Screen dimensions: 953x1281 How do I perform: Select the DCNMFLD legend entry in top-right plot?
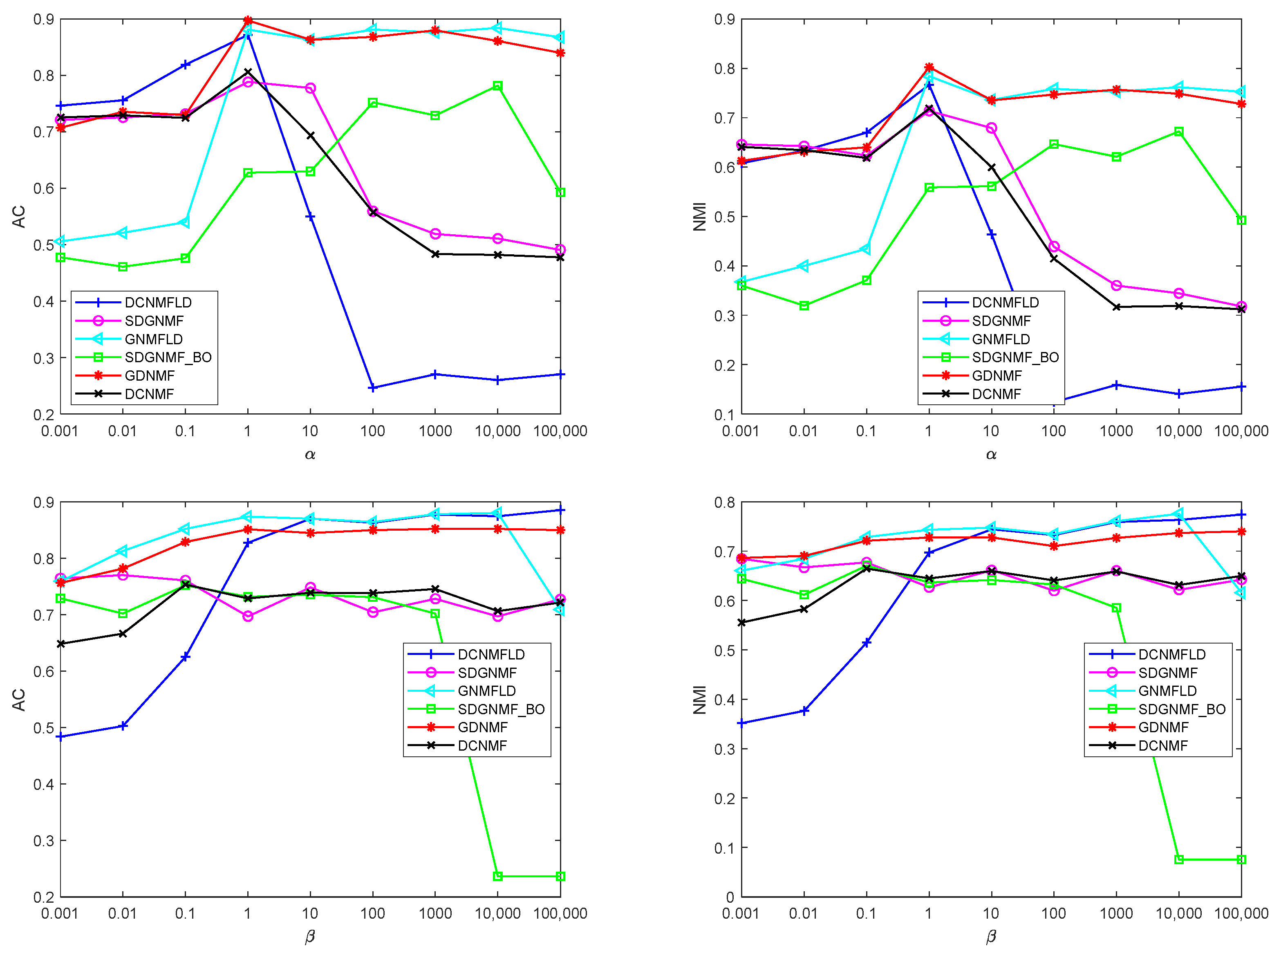click(x=1005, y=302)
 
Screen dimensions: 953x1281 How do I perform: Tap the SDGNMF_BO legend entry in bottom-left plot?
click(x=501, y=709)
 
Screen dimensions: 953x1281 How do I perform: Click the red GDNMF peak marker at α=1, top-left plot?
click(x=248, y=21)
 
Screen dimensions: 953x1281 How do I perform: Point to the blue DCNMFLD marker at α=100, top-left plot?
click(x=373, y=388)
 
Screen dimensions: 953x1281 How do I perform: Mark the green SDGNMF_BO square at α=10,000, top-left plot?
click(x=498, y=86)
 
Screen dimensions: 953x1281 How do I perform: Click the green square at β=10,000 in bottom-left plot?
click(x=498, y=876)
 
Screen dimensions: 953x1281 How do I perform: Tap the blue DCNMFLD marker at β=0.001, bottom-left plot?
click(x=60, y=737)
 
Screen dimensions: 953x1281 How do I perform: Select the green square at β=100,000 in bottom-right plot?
click(x=1241, y=859)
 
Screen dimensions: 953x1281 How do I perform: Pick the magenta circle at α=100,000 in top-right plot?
click(x=1241, y=306)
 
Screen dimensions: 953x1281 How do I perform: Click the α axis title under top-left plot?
click(x=310, y=455)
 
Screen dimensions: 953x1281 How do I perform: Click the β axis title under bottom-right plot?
click(x=990, y=937)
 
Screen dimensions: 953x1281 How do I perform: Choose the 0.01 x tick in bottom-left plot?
click(x=122, y=913)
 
